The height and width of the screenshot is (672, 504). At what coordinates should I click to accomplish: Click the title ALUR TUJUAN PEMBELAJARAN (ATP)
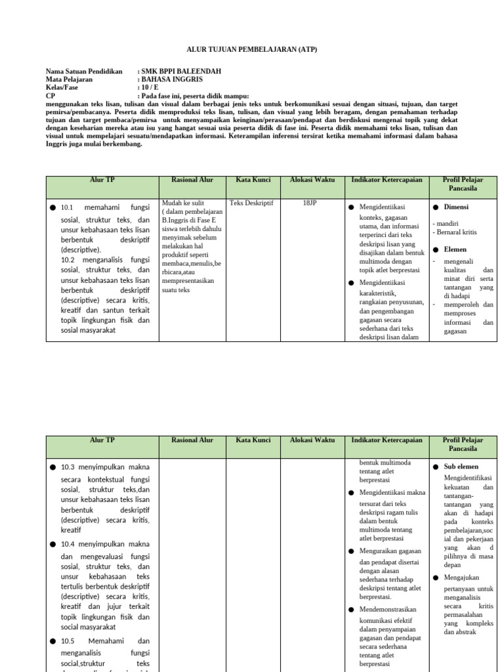[x=252, y=50]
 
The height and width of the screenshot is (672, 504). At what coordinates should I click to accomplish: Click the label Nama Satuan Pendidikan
[x=84, y=71]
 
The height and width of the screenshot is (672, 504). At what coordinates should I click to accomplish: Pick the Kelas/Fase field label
[x=63, y=87]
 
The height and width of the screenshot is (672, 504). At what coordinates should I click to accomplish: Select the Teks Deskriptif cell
[x=251, y=203]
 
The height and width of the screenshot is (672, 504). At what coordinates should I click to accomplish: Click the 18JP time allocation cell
[x=310, y=203]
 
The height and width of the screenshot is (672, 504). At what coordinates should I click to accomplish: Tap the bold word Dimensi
[x=456, y=207]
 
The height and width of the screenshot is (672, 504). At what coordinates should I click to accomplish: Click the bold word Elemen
[x=455, y=249]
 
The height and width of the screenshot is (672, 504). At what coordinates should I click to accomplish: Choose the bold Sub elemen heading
[x=461, y=467]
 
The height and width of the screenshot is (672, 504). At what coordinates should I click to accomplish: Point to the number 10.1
[x=70, y=208]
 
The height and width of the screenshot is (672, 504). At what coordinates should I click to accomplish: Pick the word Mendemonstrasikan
[x=390, y=610]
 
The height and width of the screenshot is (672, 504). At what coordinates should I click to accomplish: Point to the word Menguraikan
[x=381, y=551]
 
